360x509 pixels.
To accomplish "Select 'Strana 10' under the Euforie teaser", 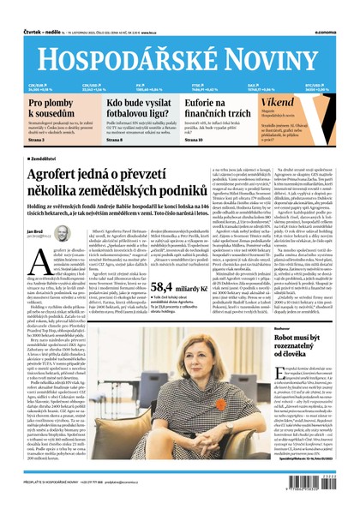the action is [x=193, y=139].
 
